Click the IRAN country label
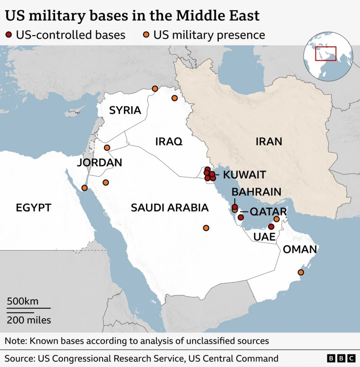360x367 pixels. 269,141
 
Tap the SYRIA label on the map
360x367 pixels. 125,110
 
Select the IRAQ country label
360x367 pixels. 169,141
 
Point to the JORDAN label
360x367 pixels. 99,163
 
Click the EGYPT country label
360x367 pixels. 33,208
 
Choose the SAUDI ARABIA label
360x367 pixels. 170,208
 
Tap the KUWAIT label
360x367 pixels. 245,175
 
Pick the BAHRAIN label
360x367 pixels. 256,192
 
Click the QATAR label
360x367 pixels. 268,212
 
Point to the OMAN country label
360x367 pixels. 300,249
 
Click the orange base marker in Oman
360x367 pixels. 301,272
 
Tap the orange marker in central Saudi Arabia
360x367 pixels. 206,228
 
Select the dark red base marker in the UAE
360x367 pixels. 271,227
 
